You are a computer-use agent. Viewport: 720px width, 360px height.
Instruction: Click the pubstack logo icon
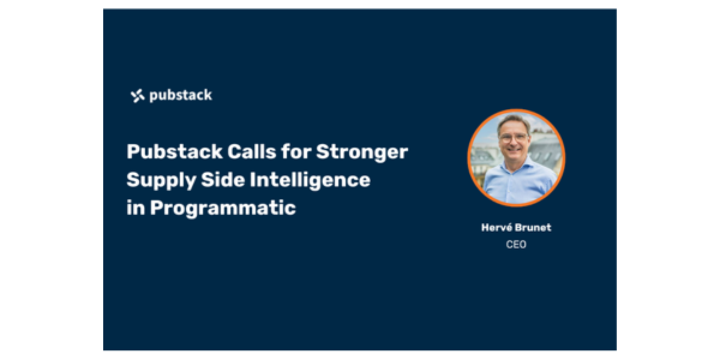tap(137, 96)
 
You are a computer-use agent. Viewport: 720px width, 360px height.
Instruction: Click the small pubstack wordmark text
tap(181, 95)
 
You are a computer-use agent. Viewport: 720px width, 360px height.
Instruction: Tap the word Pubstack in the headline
tap(174, 151)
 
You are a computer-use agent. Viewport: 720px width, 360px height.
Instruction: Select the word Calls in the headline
tap(251, 151)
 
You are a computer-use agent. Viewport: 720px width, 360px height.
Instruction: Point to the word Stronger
tap(362, 152)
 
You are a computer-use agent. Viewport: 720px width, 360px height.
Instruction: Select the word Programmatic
tap(223, 208)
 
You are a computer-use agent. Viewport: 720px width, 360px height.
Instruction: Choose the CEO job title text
tap(516, 244)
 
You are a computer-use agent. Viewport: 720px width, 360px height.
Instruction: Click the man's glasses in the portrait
tap(513, 139)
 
